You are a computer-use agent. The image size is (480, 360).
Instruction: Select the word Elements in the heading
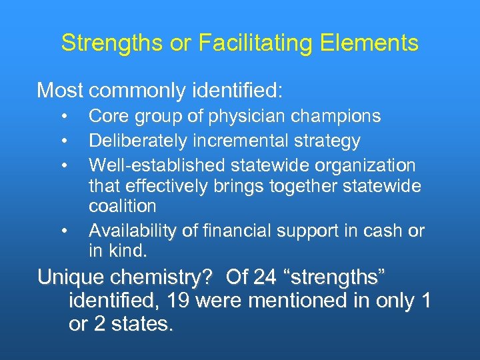tap(370, 44)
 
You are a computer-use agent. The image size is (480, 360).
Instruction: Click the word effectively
tap(165, 186)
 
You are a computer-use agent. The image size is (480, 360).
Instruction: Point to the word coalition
tap(122, 207)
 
